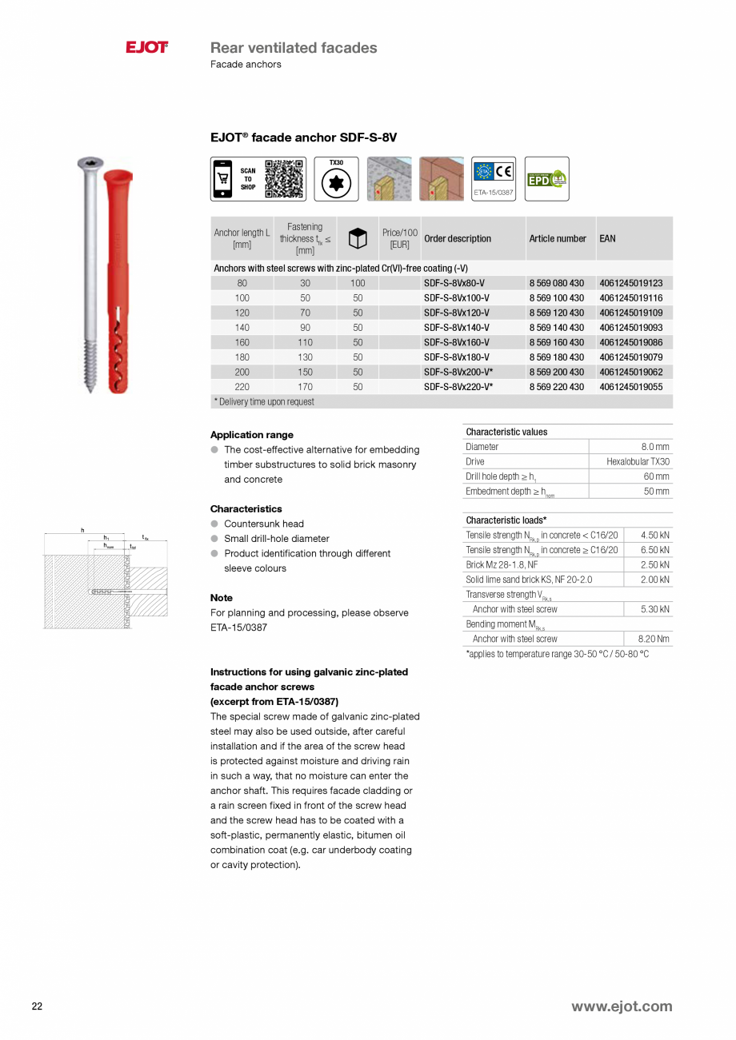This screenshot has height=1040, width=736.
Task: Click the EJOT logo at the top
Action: [146, 48]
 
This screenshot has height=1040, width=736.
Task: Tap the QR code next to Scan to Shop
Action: [284, 178]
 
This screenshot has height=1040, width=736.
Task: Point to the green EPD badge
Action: [546, 179]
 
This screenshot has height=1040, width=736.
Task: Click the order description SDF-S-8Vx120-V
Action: [456, 313]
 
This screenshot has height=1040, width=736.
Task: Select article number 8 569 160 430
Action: [556, 342]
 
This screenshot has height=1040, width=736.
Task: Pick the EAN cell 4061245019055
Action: [630, 387]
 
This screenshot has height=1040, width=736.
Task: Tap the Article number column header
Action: [558, 238]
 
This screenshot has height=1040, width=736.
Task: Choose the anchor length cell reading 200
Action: [242, 372]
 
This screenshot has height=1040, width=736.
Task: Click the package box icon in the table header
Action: [358, 238]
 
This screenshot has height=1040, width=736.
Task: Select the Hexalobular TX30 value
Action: [638, 462]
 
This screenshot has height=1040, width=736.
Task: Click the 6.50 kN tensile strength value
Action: [654, 550]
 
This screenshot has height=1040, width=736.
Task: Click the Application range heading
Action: [251, 435]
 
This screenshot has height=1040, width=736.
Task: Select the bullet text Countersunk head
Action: [263, 524]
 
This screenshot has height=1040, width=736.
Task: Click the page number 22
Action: [37, 1006]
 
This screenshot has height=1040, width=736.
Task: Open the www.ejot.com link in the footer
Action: [621, 1006]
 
